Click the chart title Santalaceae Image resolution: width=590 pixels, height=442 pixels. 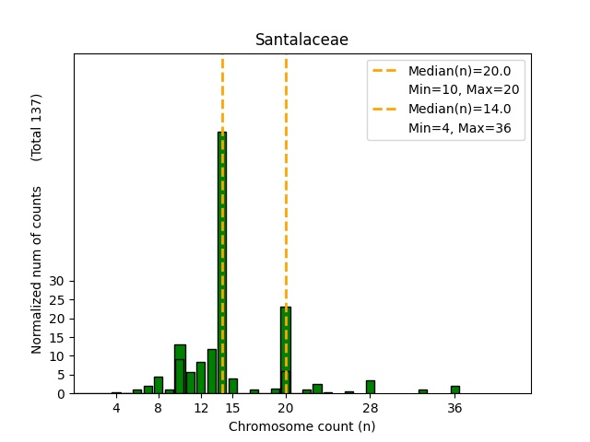pyautogui.click(x=301, y=40)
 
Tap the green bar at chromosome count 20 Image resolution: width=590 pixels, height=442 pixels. pyautogui.click(x=286, y=350)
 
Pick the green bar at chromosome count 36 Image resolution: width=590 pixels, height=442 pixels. pyautogui.click(x=454, y=390)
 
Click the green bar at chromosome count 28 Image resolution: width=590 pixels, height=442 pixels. pyautogui.click(x=371, y=387)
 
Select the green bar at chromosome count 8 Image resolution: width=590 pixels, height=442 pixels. pyautogui.click(x=159, y=385)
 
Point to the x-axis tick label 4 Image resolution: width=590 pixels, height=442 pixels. pyautogui.click(x=116, y=408)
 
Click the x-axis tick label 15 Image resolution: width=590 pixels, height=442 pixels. pyautogui.click(x=232, y=408)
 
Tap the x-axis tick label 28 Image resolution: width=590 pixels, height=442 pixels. pyautogui.click(x=371, y=408)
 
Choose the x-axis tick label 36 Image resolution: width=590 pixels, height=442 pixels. pyautogui.click(x=454, y=408)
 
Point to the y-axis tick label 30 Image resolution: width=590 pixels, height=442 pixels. pyautogui.click(x=56, y=281)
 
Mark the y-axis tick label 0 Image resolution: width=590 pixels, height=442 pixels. pyautogui.click(x=60, y=393)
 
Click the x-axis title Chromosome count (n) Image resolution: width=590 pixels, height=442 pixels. pyautogui.click(x=301, y=426)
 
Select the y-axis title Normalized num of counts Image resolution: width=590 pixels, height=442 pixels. pyautogui.click(x=37, y=270)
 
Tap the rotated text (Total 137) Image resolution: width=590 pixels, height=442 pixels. pyautogui.click(x=37, y=127)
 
